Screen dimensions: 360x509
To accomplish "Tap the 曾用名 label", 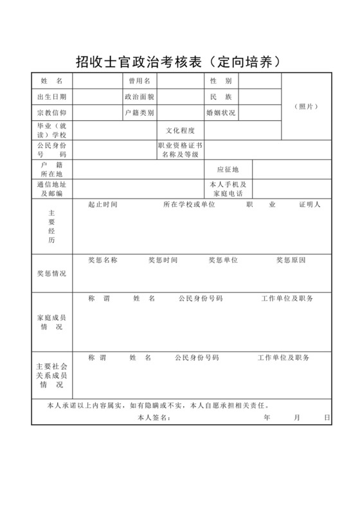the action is coord(139,81).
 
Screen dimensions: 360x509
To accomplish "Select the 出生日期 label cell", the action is coord(51,97).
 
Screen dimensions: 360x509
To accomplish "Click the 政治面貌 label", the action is coord(139,97).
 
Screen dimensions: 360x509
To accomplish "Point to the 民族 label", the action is coord(221,97).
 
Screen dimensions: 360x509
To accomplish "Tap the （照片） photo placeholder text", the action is coord(306,106).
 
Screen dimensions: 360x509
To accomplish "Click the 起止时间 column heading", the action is coord(103,205).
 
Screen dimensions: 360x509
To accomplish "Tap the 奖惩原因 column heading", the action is coord(291,260).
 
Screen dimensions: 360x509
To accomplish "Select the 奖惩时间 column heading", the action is coord(163,260).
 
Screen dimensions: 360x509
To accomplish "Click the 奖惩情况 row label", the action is coord(51,273).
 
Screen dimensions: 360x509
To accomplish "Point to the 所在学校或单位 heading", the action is coord(189,205).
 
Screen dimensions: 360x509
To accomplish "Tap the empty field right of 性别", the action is coord(260,81).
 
